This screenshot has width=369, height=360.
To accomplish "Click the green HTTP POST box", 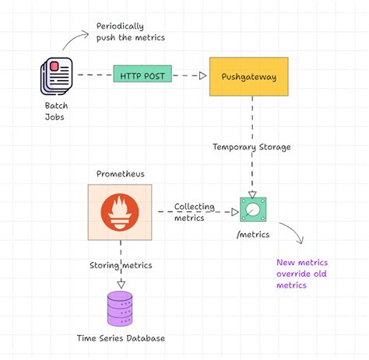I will point(142,75).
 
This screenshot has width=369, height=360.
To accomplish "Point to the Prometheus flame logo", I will point(119,212).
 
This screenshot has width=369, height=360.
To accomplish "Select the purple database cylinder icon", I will point(120,307).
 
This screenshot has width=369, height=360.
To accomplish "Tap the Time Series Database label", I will point(121,338).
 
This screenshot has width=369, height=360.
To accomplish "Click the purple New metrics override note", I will point(302,274).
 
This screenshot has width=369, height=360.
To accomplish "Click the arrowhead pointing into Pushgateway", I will point(202,75).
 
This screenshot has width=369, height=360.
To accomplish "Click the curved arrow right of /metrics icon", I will point(291,234).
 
